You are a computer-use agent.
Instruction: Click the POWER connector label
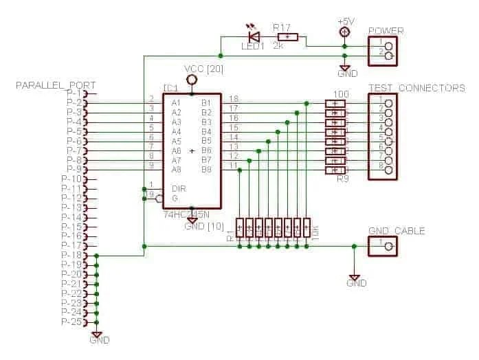coord(386,31)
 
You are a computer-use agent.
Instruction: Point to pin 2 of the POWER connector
coord(389,56)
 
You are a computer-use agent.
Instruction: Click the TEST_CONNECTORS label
coord(416,88)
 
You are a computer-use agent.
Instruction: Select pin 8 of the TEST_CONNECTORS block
coord(389,170)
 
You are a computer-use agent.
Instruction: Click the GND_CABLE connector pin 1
coord(389,246)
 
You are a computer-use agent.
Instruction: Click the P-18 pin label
coord(72,255)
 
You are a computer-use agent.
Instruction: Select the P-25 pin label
coord(72,322)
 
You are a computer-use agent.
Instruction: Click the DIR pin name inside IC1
coord(179,188)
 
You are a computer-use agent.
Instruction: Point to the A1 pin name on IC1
coord(177,102)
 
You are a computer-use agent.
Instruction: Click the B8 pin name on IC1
coord(205,169)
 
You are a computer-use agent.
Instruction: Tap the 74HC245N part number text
coord(186,215)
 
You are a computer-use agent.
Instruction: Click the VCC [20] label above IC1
coord(203,69)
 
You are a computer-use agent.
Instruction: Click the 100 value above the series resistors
coord(339,93)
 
